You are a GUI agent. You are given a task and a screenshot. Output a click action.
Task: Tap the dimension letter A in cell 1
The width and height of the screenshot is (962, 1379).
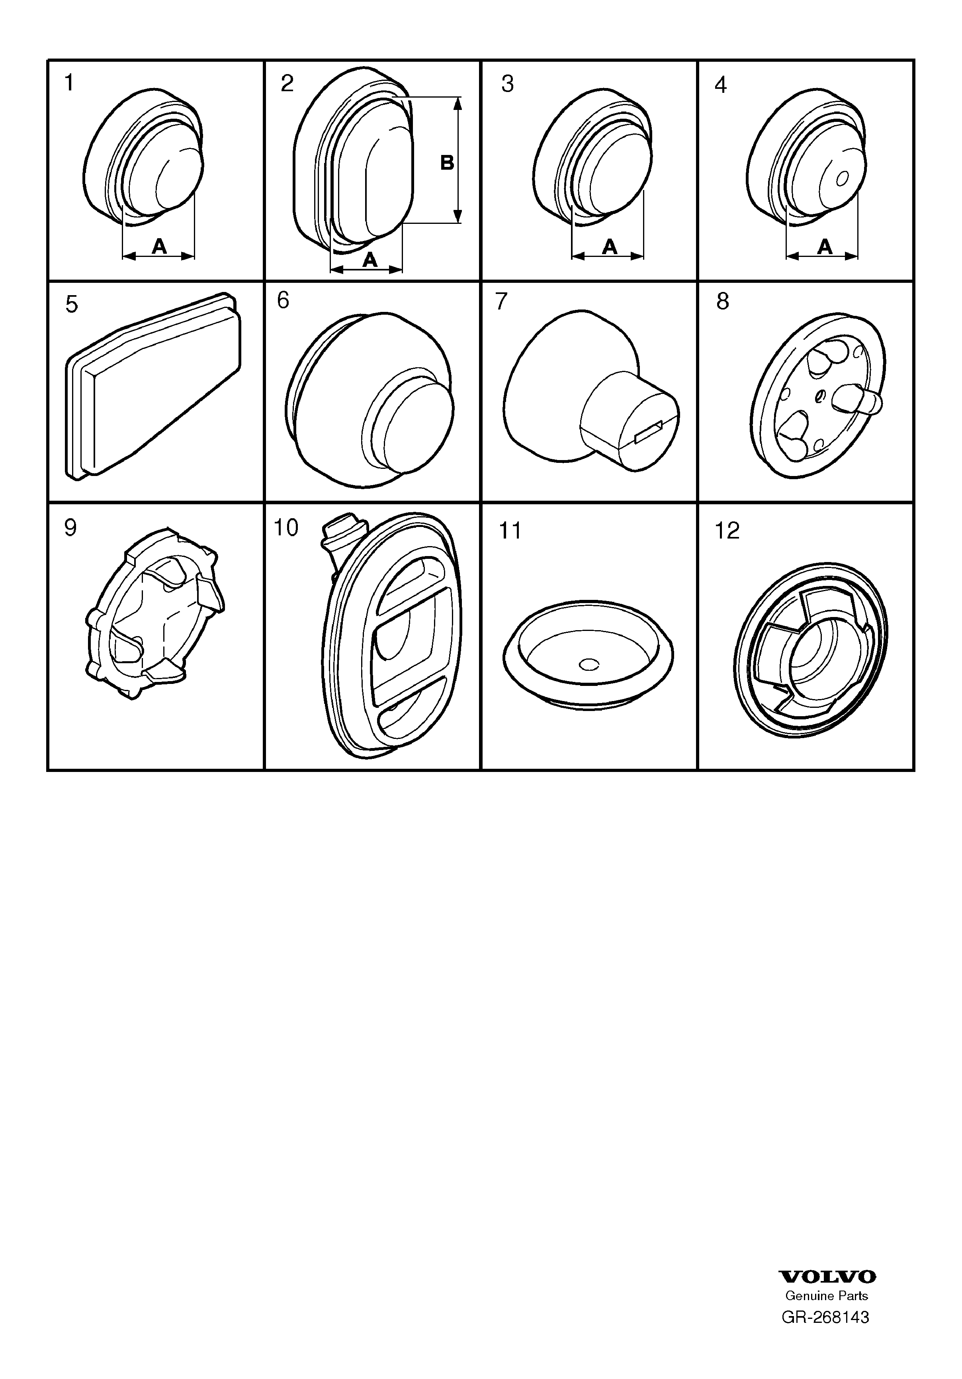(159, 246)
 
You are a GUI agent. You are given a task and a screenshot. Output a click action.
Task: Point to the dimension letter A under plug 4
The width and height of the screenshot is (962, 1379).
(825, 246)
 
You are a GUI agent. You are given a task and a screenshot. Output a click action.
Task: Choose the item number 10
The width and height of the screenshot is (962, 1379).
(286, 528)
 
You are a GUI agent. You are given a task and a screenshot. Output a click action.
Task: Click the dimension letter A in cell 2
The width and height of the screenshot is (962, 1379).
(370, 259)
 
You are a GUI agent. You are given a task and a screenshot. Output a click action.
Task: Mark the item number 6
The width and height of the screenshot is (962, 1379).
(283, 300)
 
